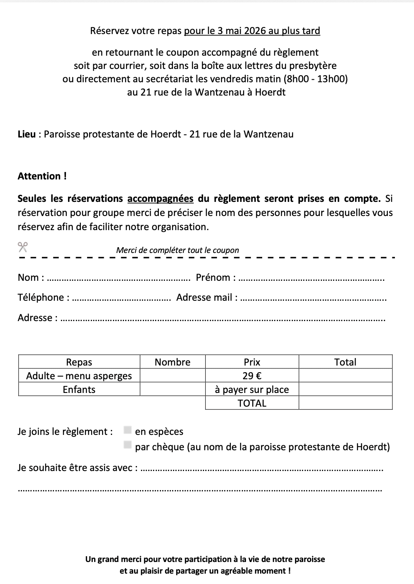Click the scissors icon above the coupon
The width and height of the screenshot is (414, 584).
point(22,247)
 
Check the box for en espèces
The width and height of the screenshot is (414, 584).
point(128,430)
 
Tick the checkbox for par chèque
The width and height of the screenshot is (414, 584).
point(128,445)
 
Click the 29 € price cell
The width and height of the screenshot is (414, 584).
point(252,376)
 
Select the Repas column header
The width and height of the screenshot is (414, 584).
point(79,362)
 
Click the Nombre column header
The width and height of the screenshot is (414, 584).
point(173,362)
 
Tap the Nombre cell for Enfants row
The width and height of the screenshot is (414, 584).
point(173,390)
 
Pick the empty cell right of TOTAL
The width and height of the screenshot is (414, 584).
point(345,403)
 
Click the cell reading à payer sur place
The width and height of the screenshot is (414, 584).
point(252,390)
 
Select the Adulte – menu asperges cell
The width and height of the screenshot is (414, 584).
point(79,376)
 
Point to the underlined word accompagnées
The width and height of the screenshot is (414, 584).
point(160,199)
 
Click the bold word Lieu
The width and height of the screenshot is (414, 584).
point(27,134)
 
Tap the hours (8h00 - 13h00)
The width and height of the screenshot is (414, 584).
point(315,79)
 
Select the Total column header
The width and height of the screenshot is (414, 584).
point(345,362)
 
